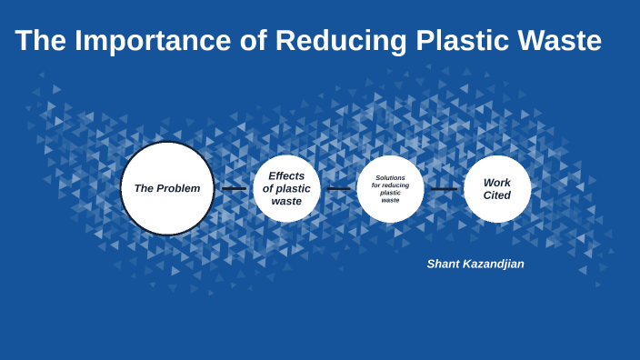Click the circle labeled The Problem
(x=167, y=188)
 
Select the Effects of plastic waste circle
(x=286, y=188)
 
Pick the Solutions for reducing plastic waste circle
(x=390, y=188)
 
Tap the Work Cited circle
(x=497, y=188)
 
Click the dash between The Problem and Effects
(x=234, y=189)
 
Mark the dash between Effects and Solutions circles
(x=338, y=189)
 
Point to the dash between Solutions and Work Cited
(x=444, y=189)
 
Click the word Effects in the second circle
(x=286, y=175)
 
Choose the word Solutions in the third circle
(x=390, y=177)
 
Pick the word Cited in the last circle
(x=497, y=195)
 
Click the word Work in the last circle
(x=497, y=182)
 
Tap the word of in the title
(x=253, y=41)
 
